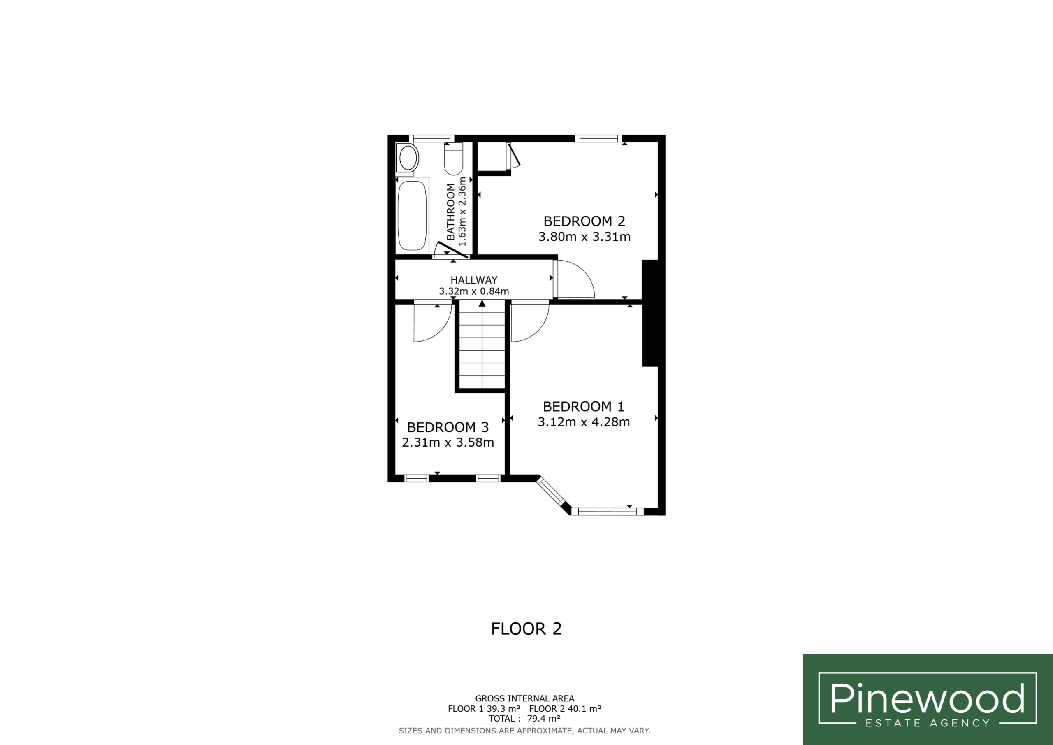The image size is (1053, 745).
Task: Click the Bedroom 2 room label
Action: tap(584, 221)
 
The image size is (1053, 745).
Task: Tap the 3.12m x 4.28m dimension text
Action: tap(584, 422)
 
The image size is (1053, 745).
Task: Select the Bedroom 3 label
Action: tap(448, 427)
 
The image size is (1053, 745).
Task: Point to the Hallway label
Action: tap(474, 280)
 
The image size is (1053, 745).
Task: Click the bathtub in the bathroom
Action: tap(412, 215)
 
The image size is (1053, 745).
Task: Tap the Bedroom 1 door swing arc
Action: tap(538, 331)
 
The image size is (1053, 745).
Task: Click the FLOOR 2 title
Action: tap(526, 629)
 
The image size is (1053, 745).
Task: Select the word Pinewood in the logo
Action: tap(927, 698)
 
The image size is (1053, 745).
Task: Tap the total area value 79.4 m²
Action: tap(543, 719)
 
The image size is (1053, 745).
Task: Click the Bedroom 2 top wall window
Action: tap(598, 138)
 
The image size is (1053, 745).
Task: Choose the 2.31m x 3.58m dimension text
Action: tap(448, 442)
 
